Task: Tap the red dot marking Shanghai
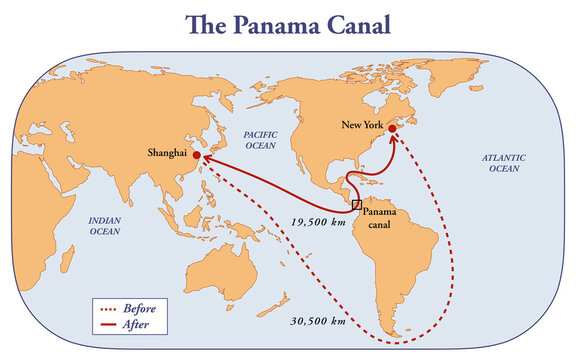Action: [197, 155]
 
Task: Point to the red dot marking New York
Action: [392, 129]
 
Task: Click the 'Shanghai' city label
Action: [168, 153]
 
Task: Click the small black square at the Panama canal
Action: [356, 204]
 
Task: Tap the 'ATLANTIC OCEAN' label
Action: [503, 163]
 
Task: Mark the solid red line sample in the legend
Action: [108, 325]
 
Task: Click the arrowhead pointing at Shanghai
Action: [203, 157]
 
